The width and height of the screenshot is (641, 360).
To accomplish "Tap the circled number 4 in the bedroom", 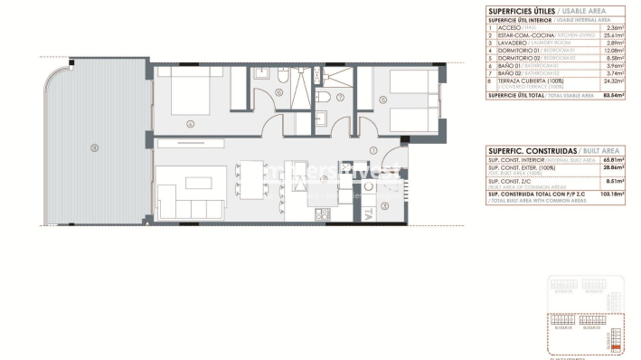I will click(x=190, y=125).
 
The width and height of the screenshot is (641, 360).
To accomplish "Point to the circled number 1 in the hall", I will click(x=372, y=150).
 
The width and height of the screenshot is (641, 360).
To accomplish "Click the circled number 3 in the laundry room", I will click(x=385, y=206).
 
